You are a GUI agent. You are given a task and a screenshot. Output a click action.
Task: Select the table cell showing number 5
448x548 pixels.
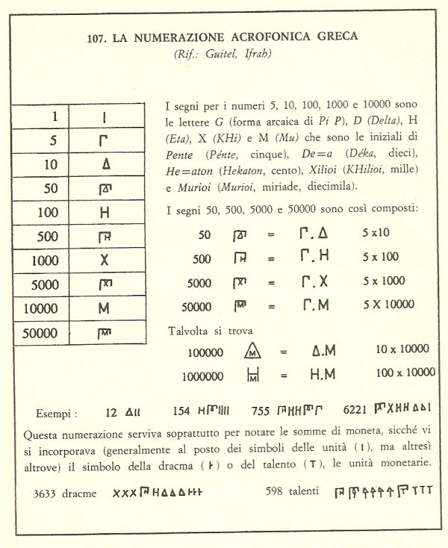tap(53, 140)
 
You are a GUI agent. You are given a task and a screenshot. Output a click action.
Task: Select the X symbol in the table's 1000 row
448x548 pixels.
tap(105, 261)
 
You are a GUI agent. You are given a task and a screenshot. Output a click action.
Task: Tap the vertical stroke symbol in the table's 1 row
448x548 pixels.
tap(104, 116)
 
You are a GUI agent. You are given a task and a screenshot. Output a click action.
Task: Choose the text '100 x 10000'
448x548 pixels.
tap(402, 372)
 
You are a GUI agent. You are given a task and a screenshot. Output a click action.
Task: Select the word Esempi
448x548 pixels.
tap(55, 412)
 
